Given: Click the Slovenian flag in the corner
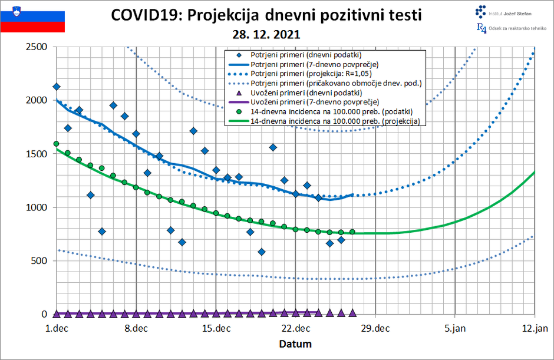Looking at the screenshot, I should click(32, 17).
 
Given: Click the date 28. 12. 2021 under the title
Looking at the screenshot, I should click(266, 34).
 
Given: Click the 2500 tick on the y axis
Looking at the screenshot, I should click(37, 47).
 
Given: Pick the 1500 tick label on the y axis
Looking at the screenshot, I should click(37, 154).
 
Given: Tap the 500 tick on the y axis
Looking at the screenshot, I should click(40, 260).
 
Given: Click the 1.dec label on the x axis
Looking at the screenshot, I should click(57, 328).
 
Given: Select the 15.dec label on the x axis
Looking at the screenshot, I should click(216, 328).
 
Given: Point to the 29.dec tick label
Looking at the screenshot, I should click(375, 328).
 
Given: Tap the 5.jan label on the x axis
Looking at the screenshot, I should click(455, 328).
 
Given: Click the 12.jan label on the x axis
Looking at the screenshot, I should click(534, 328).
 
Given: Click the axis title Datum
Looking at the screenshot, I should click(295, 344).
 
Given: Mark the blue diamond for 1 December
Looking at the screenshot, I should click(57, 87).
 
